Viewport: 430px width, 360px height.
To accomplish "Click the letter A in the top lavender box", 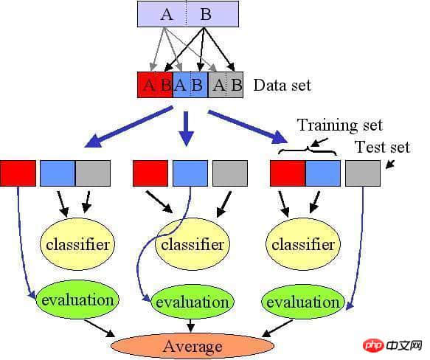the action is pos(167,14).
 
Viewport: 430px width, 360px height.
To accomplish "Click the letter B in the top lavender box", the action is pos(206,14).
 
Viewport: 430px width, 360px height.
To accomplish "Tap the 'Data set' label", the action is pos(282,85).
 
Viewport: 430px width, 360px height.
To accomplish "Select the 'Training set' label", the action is pos(340,125).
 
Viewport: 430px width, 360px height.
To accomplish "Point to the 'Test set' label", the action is pos(383,147).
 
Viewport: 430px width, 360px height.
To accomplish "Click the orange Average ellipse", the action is pos(193,346).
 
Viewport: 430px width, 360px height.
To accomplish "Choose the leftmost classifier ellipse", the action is pos(77,244).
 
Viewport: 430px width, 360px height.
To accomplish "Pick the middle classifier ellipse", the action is pos(193,244).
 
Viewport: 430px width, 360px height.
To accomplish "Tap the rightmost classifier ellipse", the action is pos(303,244).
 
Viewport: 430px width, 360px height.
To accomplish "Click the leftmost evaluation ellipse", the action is pos(77,300).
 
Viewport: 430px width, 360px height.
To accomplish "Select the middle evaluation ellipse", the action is pos(193,302).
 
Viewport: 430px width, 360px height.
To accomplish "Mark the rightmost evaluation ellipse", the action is pos(303,302).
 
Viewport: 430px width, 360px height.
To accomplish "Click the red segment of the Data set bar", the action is pos(155,85).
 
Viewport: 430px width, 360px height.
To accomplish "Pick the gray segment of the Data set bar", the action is pos(226,85).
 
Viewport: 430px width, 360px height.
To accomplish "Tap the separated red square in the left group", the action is pos(18,173).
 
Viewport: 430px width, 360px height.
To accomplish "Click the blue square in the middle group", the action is pos(190,173).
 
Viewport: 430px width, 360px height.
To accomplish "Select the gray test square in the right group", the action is pos(363,173).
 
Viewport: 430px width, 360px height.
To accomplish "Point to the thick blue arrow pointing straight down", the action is pos(187,128).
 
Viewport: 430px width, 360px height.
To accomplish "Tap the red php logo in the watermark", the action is pos(373,345).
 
